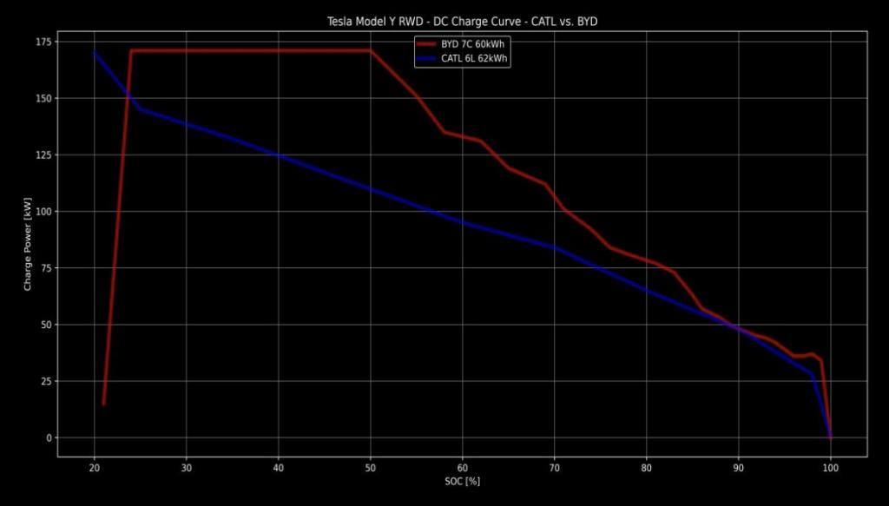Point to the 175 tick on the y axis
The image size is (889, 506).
click(x=41, y=42)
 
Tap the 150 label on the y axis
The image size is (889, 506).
click(x=41, y=98)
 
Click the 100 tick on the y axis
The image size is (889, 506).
click(x=41, y=212)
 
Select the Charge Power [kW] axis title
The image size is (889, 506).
click(x=28, y=240)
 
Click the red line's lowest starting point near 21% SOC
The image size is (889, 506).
click(x=103, y=404)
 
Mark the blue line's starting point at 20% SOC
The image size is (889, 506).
click(x=95, y=53)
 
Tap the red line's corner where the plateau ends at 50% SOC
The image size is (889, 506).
click(x=371, y=50)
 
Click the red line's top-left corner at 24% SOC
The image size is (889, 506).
click(x=131, y=50)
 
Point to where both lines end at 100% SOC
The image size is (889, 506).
click(x=831, y=437)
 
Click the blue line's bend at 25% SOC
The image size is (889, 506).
click(x=141, y=109)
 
